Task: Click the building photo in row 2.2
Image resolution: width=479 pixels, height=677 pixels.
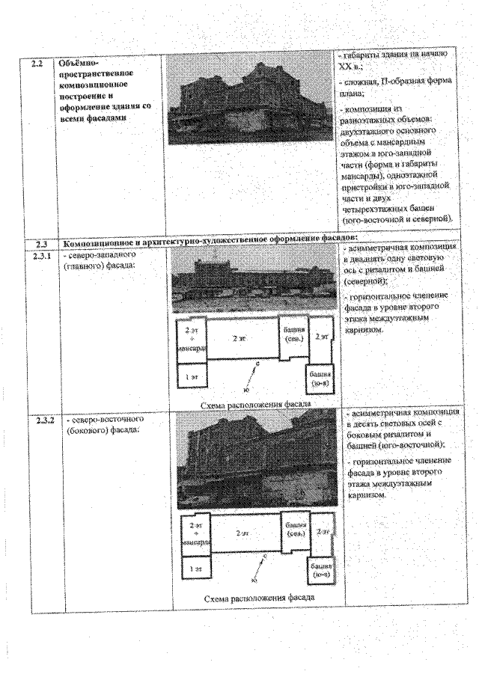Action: tap(248, 102)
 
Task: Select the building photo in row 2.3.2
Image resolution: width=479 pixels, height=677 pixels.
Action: tap(252, 460)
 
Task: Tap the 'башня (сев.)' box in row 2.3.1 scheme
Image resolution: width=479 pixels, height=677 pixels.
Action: tap(294, 334)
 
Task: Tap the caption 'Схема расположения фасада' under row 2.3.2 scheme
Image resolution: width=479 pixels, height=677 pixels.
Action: tap(258, 598)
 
